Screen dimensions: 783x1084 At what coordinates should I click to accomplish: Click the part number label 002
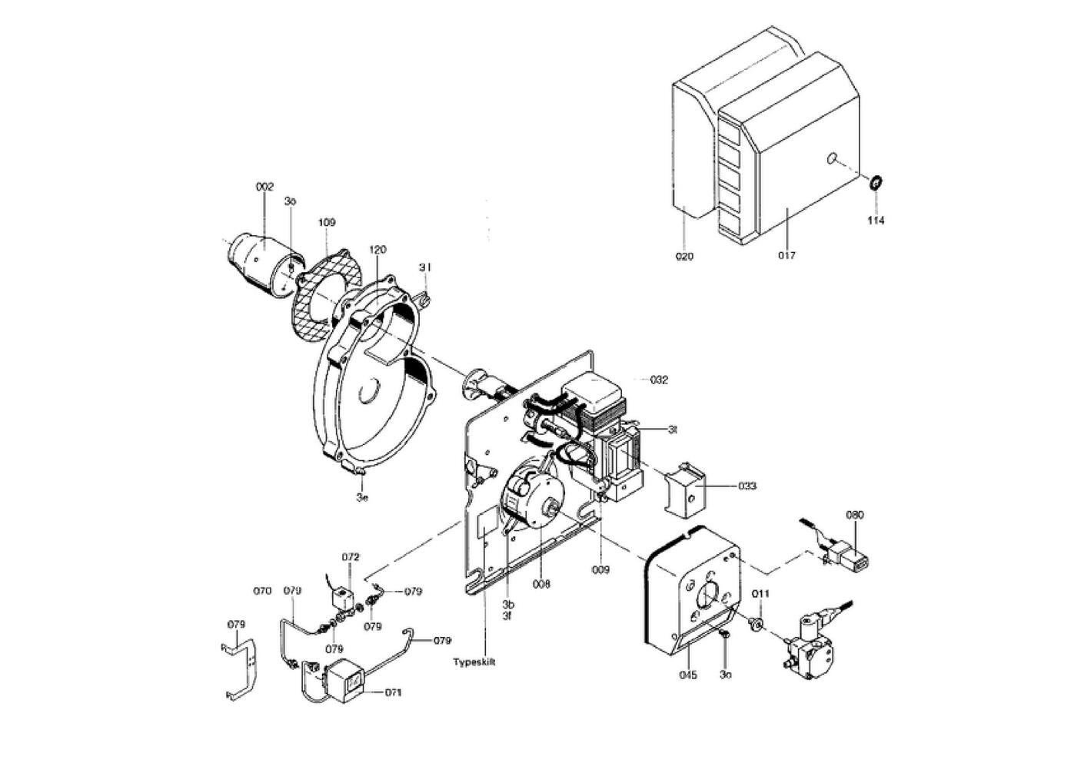point(264,187)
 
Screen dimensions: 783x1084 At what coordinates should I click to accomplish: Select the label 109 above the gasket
point(327,222)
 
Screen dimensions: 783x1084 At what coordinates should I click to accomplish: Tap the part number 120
point(377,250)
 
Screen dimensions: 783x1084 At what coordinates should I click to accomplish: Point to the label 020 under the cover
point(683,257)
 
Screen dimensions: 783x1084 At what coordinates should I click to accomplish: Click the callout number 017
point(786,256)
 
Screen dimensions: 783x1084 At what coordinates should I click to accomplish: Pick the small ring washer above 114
point(875,183)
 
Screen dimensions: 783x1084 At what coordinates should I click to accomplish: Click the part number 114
point(876,221)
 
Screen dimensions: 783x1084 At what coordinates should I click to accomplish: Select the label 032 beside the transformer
point(659,380)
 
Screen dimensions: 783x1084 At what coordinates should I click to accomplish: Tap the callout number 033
point(746,486)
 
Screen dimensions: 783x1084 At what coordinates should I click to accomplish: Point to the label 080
point(855,515)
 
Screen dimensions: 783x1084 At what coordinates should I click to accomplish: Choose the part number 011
point(760,594)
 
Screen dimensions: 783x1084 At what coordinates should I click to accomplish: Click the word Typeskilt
point(474,662)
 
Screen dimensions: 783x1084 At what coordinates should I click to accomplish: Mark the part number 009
point(600,570)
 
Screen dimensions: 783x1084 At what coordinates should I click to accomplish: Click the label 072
point(351,556)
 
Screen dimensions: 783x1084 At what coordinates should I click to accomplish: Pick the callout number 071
point(393,692)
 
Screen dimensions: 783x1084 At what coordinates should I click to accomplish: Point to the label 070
point(262,592)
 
